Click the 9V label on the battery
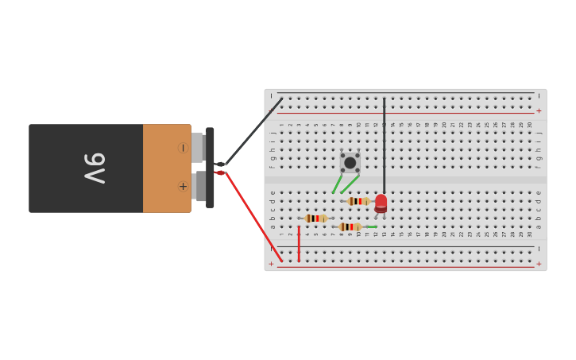point(95,168)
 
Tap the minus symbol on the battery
point(183,148)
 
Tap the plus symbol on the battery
point(183,187)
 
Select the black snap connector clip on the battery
point(210,168)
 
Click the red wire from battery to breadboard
point(253,215)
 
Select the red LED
point(381,203)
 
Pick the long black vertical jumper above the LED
point(384,143)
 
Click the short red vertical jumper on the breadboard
point(299,243)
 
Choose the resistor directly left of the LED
point(358,201)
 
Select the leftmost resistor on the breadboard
point(315,219)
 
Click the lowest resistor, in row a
point(350,227)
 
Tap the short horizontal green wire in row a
point(371,227)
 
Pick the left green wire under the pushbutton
point(337,184)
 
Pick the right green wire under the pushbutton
point(350,184)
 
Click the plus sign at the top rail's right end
point(539,111)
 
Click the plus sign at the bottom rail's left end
point(271,264)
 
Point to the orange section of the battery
point(166,168)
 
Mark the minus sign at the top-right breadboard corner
point(539,95)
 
